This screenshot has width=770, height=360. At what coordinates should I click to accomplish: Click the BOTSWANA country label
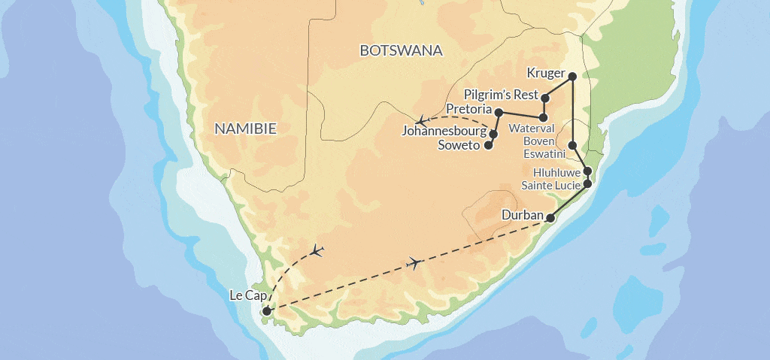[x=401, y=51]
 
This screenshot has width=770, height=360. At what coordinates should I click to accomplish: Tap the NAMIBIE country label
[x=245, y=129]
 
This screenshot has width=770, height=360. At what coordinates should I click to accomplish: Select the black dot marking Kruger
[x=572, y=76]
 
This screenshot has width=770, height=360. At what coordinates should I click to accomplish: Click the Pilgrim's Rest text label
[x=502, y=95]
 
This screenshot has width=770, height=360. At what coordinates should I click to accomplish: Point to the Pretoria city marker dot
[x=499, y=112]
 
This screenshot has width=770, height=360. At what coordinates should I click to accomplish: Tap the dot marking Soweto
[x=488, y=145]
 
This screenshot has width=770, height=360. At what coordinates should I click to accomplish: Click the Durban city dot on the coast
[x=550, y=218]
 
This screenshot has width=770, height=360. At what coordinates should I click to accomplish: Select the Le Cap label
[x=246, y=295]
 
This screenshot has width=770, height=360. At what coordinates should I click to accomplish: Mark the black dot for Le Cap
[x=266, y=310]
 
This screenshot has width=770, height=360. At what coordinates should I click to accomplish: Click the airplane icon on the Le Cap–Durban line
[x=413, y=262]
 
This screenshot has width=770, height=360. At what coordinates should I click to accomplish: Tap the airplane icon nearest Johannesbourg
[x=423, y=120]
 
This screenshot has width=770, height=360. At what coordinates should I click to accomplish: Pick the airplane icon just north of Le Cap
[x=317, y=250]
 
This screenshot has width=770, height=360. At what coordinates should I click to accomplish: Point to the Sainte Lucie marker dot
[x=587, y=183]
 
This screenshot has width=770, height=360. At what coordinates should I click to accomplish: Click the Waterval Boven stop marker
[x=544, y=118]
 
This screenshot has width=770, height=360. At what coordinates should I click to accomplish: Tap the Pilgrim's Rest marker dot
[x=546, y=98]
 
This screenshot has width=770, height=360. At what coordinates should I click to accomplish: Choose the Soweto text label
[x=459, y=145]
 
